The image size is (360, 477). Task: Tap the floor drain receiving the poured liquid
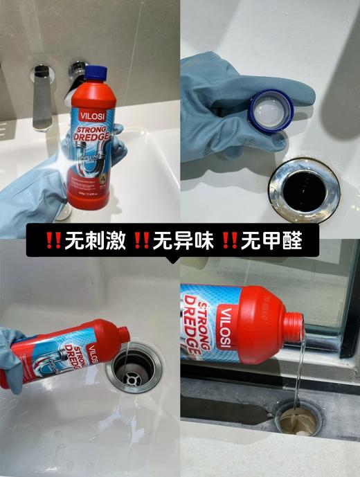[x=299, y=415]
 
